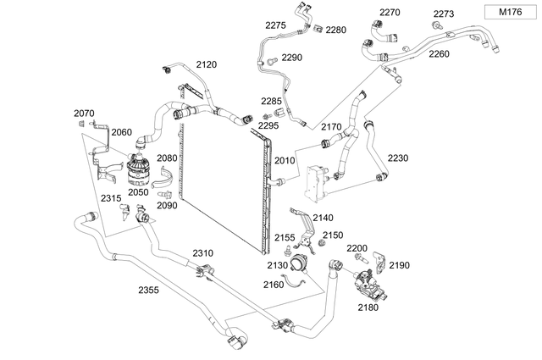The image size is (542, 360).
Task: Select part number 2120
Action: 207,64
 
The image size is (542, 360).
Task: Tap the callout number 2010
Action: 285,160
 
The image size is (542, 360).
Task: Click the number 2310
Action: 202,253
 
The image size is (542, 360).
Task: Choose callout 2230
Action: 398,158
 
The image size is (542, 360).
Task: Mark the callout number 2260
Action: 440,53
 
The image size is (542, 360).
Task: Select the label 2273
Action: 444,14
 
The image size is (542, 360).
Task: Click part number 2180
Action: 368,308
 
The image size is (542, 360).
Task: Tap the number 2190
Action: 399,265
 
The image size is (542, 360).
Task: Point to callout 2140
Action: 324,218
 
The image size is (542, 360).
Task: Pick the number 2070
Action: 85,114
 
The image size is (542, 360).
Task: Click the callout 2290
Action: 291,58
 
